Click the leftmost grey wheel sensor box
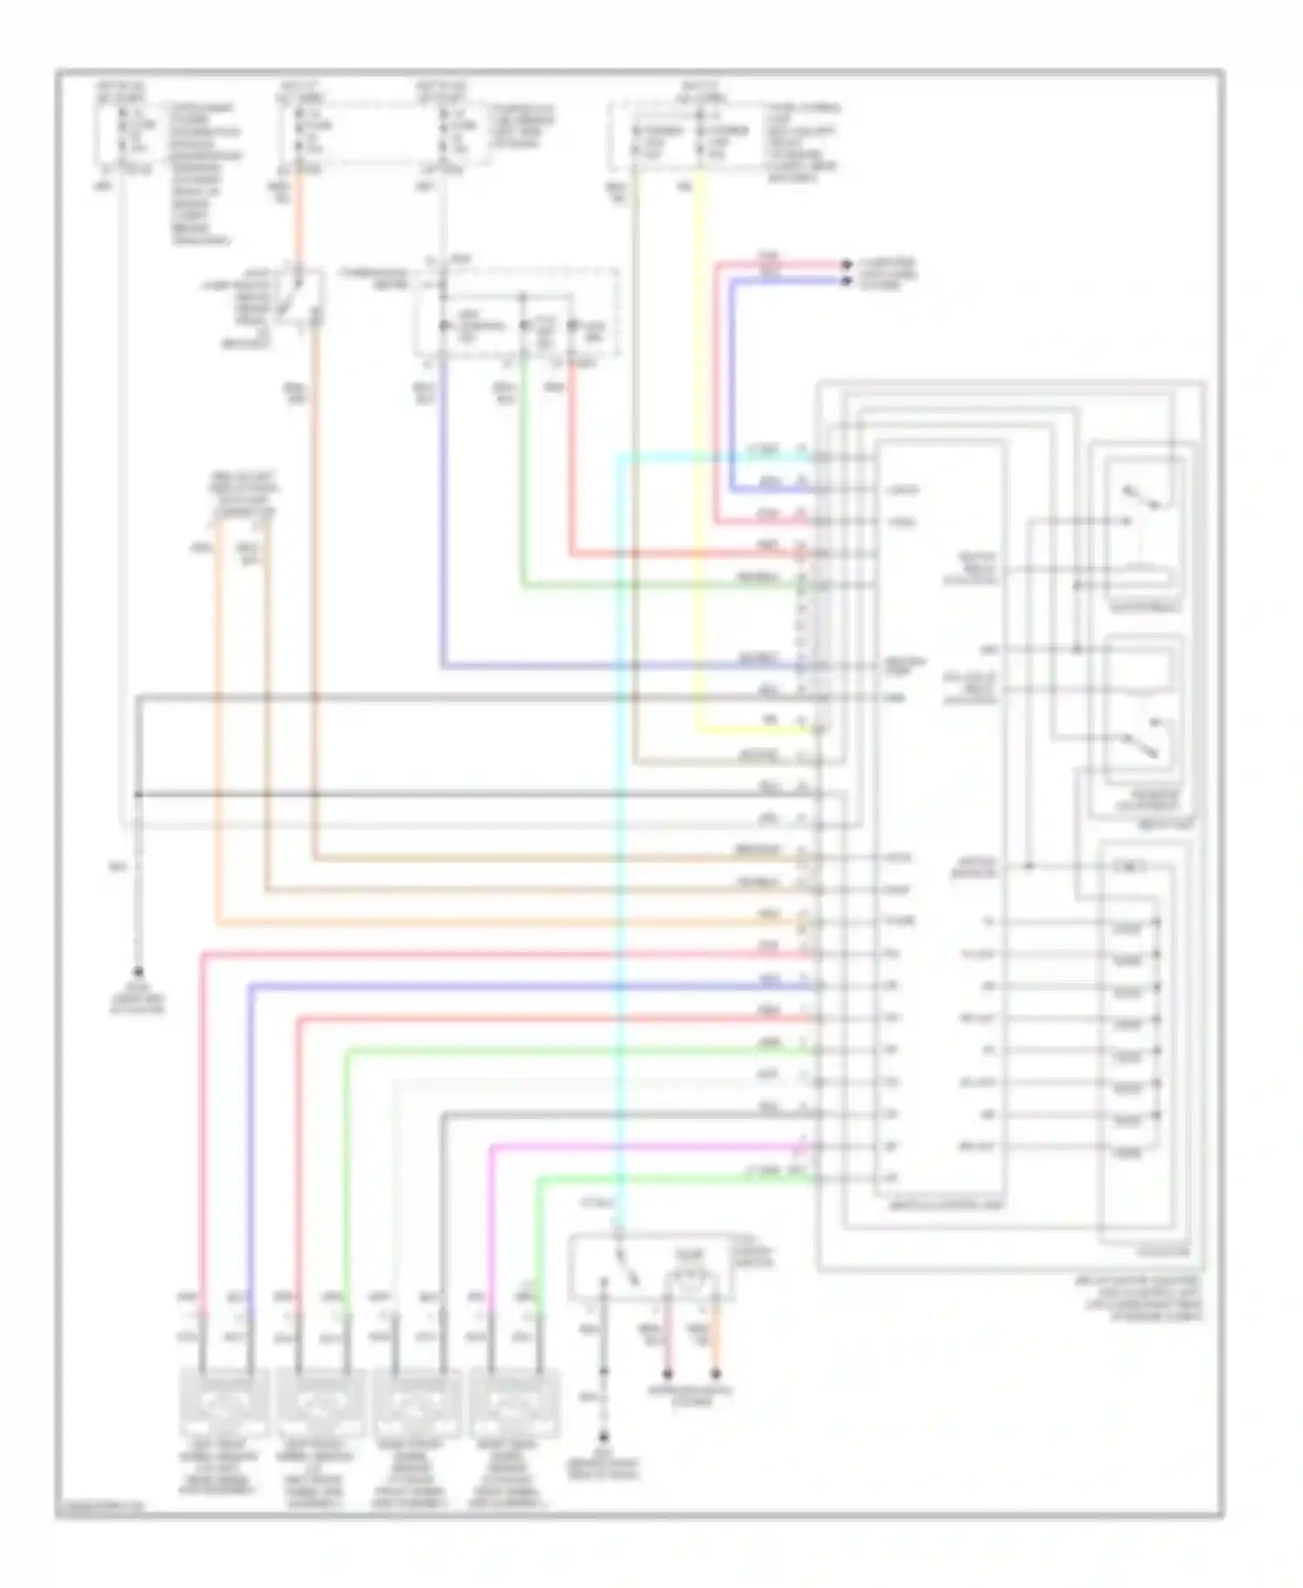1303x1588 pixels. [x=224, y=1402]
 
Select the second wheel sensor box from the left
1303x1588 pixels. [x=320, y=1402]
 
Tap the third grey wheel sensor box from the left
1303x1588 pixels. [x=416, y=1402]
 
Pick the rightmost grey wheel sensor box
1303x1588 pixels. [x=513, y=1402]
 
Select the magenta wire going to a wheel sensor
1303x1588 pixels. [x=492, y=1234]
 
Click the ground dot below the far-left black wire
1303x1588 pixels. [x=137, y=972]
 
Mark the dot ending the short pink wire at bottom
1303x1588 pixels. [x=667, y=1374]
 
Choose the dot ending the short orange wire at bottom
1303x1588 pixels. [x=716, y=1374]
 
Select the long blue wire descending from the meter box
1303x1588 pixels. [x=443, y=521]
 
